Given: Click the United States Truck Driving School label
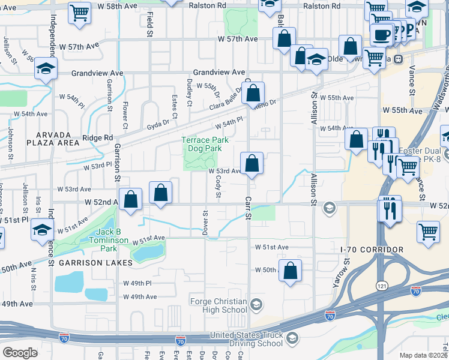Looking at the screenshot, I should coord(246,340).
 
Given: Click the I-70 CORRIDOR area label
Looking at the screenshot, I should coord(372,249).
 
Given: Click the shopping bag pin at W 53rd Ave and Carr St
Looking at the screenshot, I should coord(252,163).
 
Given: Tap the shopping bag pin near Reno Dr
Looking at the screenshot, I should coord(254,93).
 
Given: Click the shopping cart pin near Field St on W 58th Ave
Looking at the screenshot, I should coord(79,13).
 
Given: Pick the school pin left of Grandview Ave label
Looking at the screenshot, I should coord(46,69).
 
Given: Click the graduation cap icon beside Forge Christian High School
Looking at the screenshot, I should coord(256,305).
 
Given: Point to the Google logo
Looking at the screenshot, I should coord(20,353).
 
